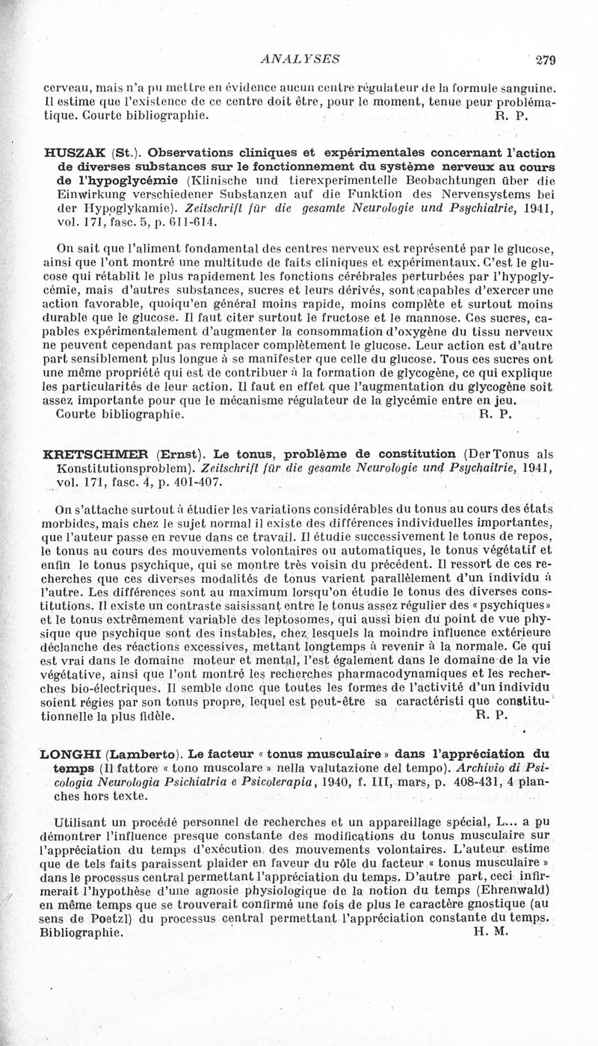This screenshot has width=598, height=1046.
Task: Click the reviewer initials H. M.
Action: click(x=490, y=932)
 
